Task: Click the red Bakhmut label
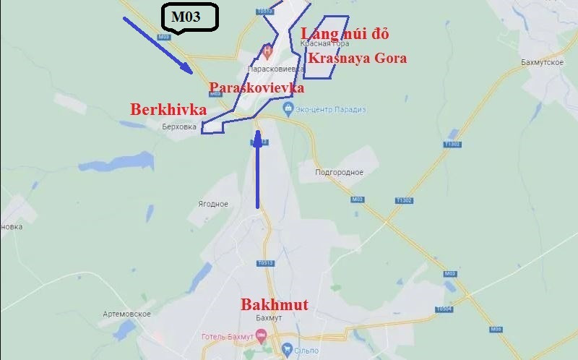point(274,304)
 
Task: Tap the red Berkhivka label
point(168,110)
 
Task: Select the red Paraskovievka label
point(256,87)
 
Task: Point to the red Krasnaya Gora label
point(357,59)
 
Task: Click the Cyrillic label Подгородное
point(340,173)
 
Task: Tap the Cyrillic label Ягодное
point(213,204)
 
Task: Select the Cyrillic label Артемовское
point(126,314)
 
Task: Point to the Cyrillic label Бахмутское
point(542,63)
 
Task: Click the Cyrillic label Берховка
point(180,126)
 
